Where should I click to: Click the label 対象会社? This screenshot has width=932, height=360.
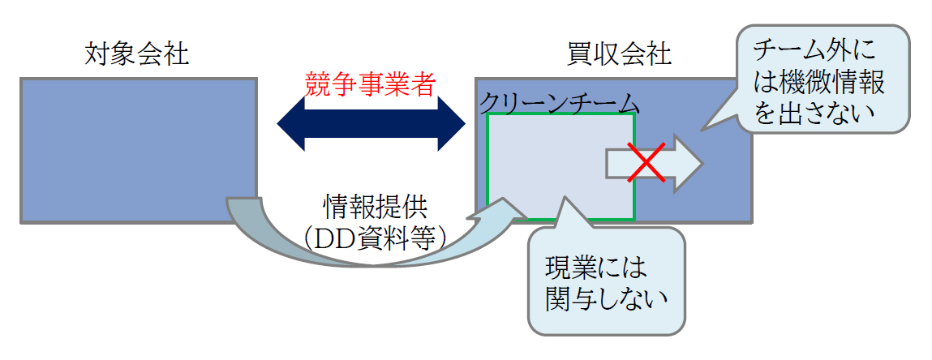[136, 55]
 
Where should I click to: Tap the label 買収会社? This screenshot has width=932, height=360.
[619, 55]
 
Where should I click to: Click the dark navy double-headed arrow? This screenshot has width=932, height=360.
[371, 125]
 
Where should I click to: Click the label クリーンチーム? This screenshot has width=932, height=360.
[560, 104]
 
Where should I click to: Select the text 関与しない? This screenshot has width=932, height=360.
[608, 299]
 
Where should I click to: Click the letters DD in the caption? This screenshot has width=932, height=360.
[335, 236]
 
